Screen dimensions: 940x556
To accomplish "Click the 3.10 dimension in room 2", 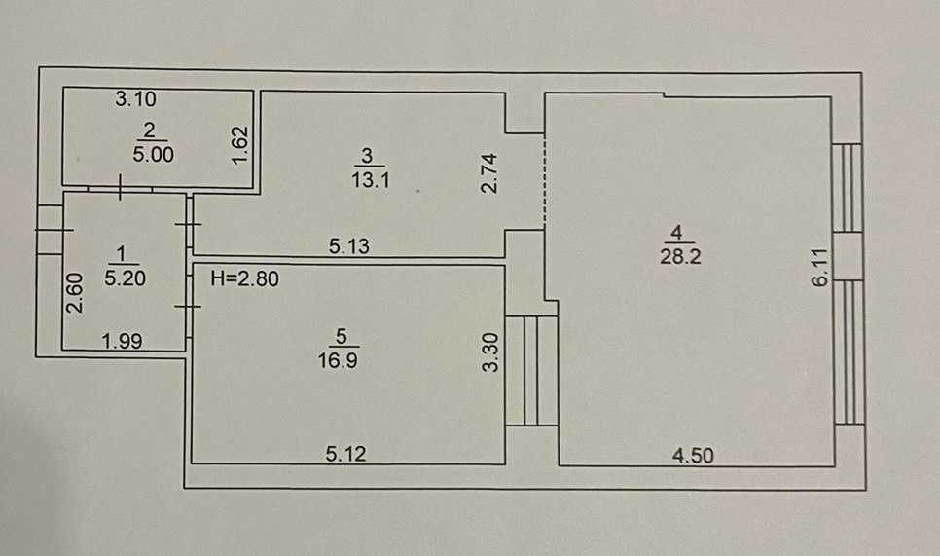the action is (135, 98).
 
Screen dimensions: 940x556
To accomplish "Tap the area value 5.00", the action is (154, 154).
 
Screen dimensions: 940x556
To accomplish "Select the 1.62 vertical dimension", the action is (239, 144).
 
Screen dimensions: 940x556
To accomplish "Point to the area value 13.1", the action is (371, 179).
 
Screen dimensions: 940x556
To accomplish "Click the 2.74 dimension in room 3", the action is (489, 172).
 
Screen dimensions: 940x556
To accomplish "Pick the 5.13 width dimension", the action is (349, 246).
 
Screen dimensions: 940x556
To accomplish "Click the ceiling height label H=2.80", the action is (244, 278).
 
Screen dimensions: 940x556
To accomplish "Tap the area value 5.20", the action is (125, 278).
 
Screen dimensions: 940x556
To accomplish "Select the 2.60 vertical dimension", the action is (74, 293).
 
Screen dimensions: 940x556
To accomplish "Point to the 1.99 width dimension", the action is (123, 341).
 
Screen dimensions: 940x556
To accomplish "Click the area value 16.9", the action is (338, 360).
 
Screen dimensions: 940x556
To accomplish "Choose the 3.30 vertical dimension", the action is (490, 352).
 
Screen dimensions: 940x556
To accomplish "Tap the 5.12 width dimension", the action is (345, 454).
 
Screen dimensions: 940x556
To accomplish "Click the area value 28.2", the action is (680, 256).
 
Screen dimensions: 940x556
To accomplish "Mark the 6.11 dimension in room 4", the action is (819, 267).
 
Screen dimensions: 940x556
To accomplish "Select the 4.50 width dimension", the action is (693, 456).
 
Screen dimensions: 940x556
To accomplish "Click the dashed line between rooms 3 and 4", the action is (544, 180).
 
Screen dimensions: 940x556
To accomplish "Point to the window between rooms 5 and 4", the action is (532, 371).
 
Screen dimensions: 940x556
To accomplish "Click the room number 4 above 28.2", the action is (676, 232).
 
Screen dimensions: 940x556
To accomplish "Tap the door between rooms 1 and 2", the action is (121, 188).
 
